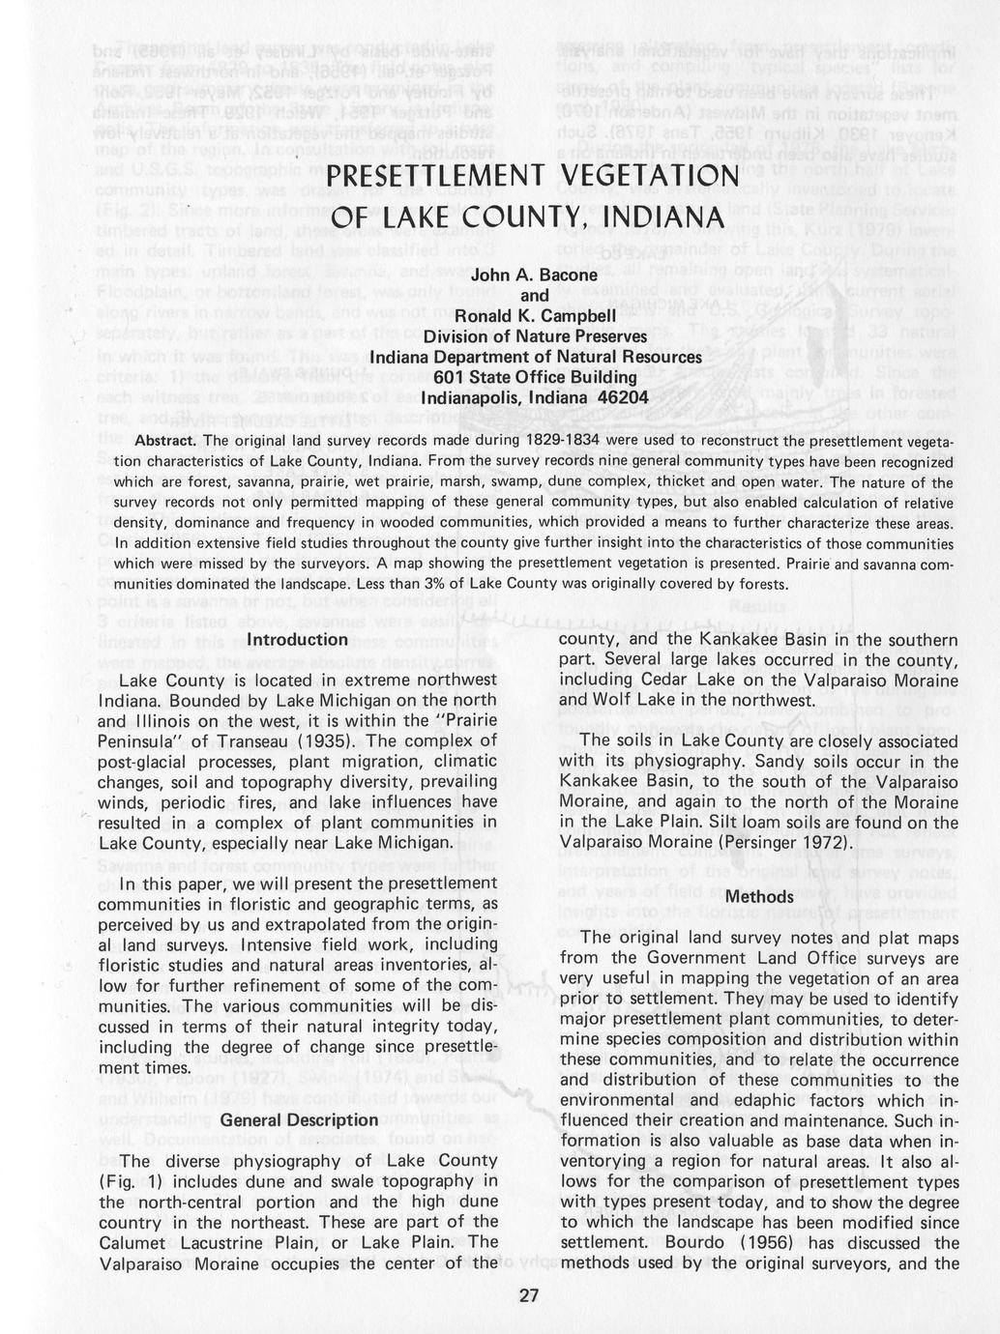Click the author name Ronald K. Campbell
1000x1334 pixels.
pos(534,315)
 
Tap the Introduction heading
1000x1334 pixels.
pos(297,639)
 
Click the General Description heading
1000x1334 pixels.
pos(299,1119)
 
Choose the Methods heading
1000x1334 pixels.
pos(759,896)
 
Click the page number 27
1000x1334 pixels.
pos(528,1296)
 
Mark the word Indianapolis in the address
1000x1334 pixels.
pos(470,397)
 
